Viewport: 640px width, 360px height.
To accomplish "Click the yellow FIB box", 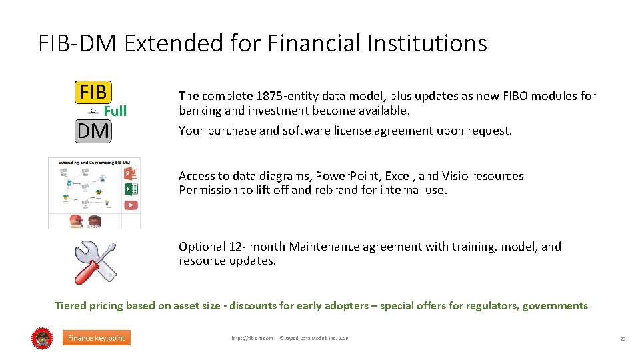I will [x=93, y=92].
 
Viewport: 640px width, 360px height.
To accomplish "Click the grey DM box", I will [x=93, y=131].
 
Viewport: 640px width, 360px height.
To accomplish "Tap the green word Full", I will [x=115, y=111].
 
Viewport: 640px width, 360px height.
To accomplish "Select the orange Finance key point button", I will [x=96, y=338].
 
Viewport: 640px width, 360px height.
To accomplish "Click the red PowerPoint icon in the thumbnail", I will [x=131, y=173].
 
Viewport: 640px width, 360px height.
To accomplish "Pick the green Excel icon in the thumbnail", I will [x=131, y=189].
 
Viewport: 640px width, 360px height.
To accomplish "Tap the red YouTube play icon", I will [x=131, y=205].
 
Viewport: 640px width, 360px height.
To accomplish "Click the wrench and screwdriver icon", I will [x=95, y=261].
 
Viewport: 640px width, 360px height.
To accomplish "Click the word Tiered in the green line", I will [x=71, y=306].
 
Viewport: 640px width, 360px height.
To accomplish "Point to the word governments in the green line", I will [x=555, y=306].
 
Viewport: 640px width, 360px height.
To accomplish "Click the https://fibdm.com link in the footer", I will [x=252, y=339].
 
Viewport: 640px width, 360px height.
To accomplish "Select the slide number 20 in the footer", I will [x=623, y=339].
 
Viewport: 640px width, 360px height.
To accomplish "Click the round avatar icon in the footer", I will [x=42, y=338].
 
